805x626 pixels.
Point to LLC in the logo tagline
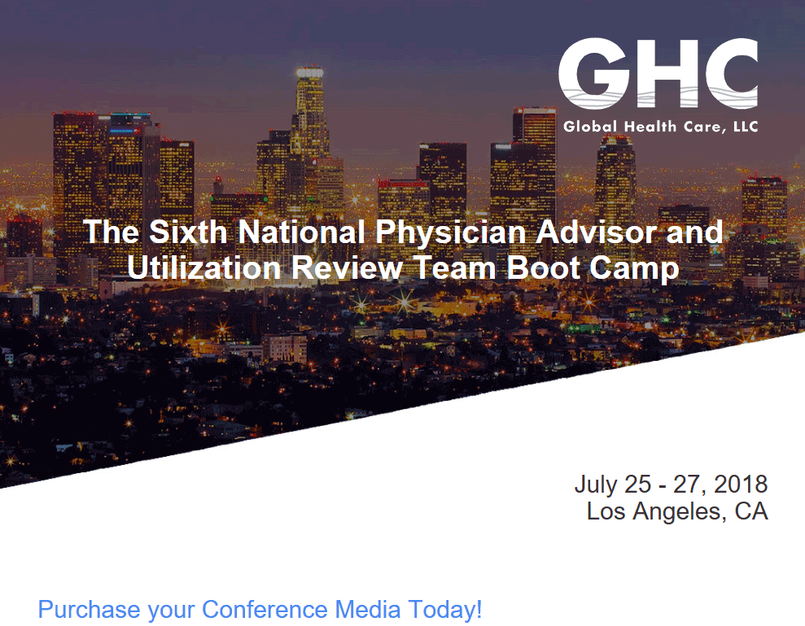tap(746, 126)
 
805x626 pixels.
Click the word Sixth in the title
tap(188, 231)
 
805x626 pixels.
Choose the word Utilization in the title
tap(203, 267)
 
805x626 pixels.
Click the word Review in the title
tap(347, 267)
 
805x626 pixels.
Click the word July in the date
tap(596, 485)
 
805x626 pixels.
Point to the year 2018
tap(741, 484)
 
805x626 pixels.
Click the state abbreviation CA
tap(751, 511)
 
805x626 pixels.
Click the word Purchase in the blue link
tap(90, 609)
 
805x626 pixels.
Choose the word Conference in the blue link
tap(265, 609)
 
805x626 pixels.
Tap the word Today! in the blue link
tap(445, 610)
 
